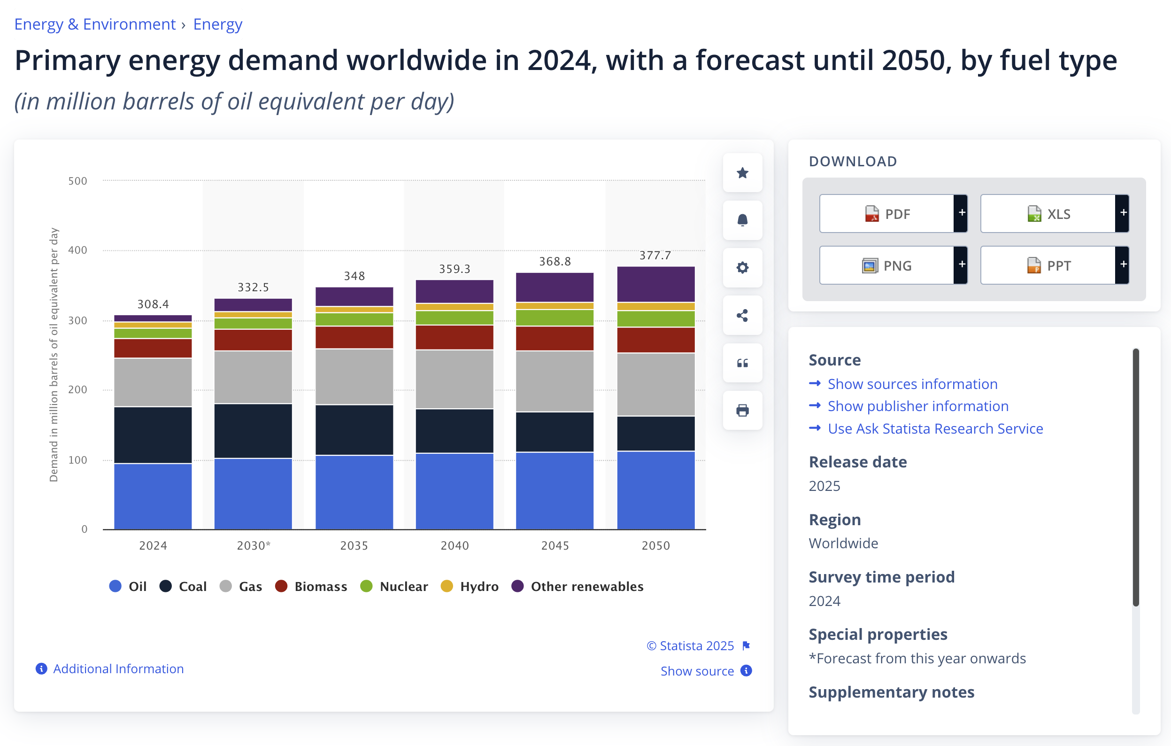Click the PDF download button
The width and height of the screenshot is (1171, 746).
[x=887, y=214]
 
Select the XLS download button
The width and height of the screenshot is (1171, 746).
[x=1048, y=214]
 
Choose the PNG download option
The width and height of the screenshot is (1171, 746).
[x=887, y=265]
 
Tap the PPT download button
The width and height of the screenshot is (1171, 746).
[x=1048, y=265]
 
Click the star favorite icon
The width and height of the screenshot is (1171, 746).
[x=742, y=173]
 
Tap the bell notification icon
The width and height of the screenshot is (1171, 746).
[x=742, y=220]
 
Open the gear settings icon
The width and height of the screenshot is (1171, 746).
[x=742, y=267]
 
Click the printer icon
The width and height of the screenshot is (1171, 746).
[x=742, y=410]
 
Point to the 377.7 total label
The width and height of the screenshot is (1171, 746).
[x=655, y=256]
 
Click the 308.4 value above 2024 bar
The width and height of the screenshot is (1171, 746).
[x=153, y=304]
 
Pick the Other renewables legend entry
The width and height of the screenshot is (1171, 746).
[x=577, y=586]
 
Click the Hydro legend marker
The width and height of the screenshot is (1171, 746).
[x=447, y=586]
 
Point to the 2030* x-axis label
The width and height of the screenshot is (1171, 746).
[x=254, y=545]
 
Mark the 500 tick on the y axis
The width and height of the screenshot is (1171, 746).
[x=78, y=181]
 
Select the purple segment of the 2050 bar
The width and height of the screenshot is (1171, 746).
[x=655, y=284]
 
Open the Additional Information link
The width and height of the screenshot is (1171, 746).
[x=118, y=668]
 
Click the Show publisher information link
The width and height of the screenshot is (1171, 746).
[x=917, y=406]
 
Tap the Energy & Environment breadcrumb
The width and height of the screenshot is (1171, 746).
[x=95, y=24]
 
